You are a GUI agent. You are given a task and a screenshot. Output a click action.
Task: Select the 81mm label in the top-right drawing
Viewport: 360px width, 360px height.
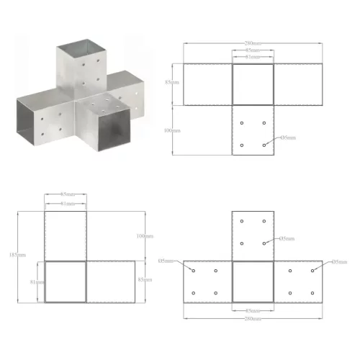pyautogui.click(x=253, y=58)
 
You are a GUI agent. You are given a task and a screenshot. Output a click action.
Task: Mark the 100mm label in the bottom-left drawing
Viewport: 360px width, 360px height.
pyautogui.click(x=145, y=235)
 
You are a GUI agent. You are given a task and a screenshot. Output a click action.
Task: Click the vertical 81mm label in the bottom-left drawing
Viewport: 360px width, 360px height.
pyautogui.click(x=34, y=282)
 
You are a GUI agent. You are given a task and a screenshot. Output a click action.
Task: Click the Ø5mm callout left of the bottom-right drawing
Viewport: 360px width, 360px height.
pyautogui.click(x=166, y=261)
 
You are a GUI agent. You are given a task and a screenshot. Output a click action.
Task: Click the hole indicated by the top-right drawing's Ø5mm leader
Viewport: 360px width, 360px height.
pyautogui.click(x=265, y=145)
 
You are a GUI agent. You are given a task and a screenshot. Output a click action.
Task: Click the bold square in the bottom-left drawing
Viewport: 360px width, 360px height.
pyautogui.click(x=65, y=282)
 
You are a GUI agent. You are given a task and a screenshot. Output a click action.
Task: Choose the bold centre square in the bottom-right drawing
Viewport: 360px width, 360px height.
pyautogui.click(x=253, y=282)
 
